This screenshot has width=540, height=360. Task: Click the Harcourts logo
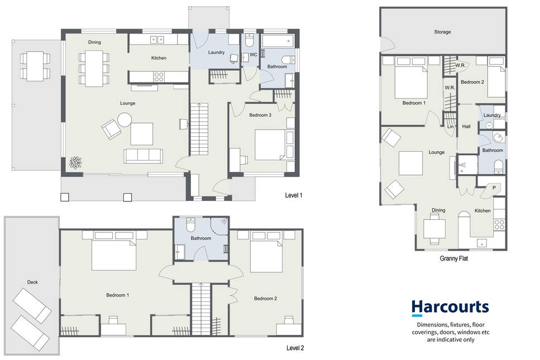click(x=450, y=308)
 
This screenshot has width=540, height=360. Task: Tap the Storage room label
click(x=442, y=32)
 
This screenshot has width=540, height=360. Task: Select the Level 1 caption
click(x=293, y=195)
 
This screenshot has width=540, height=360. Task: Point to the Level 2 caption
click(x=295, y=348)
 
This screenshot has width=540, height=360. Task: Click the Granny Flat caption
click(x=453, y=258)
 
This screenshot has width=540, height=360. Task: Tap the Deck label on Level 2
click(x=32, y=282)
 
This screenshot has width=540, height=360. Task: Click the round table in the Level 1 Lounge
click(x=125, y=120)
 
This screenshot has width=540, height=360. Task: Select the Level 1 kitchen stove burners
click(x=159, y=77)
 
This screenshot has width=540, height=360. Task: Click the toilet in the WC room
click(x=249, y=40)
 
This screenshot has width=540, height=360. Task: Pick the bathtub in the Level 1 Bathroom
click(x=278, y=41)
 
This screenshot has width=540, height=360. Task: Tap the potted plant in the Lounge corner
click(x=75, y=162)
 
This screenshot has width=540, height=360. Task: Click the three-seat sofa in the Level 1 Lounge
click(x=143, y=156)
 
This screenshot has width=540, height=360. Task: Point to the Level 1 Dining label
click(x=94, y=42)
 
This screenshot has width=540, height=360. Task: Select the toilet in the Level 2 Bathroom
click(x=191, y=224)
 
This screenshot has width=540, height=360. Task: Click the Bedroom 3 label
click(x=260, y=115)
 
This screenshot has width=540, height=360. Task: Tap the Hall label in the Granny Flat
click(x=466, y=127)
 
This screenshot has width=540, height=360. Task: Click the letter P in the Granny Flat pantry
click(x=494, y=188)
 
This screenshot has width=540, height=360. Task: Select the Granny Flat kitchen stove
click(x=499, y=225)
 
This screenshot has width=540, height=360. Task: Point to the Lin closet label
click(x=451, y=127)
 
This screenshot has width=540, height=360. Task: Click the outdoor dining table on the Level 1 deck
click(x=35, y=66)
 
